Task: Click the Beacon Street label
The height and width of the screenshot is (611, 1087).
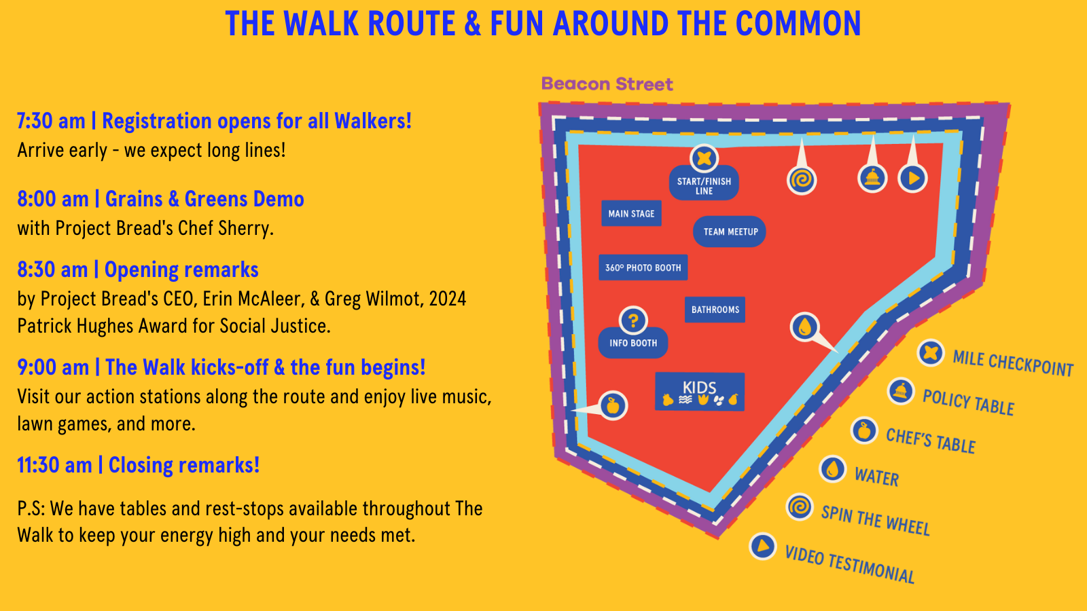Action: [x=607, y=84]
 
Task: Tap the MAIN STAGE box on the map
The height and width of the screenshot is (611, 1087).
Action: [x=631, y=213]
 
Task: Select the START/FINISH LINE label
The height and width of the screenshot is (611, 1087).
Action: [x=704, y=185]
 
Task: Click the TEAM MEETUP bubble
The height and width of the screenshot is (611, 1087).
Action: [x=730, y=232]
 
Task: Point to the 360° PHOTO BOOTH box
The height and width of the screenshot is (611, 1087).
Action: [x=643, y=267]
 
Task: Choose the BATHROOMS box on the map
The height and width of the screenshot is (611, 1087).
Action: [x=715, y=310]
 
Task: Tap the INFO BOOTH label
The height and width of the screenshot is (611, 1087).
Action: [x=633, y=343]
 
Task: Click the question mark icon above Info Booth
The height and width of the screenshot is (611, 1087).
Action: [x=633, y=320]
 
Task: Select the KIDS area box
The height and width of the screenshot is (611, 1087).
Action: [x=700, y=392]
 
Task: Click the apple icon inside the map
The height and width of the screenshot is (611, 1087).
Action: [x=613, y=406]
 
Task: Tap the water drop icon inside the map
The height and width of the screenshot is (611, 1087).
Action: [x=805, y=327]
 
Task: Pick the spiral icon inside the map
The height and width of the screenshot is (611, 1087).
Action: [x=802, y=180]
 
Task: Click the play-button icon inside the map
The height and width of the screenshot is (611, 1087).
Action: [x=913, y=178]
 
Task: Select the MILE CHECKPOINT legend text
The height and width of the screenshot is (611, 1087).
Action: [x=1012, y=363]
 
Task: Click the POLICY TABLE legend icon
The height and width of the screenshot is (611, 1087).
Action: [x=901, y=392]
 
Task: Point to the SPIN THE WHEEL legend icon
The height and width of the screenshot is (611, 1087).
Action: [x=800, y=507]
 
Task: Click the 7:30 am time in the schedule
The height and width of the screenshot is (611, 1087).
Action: [x=51, y=121]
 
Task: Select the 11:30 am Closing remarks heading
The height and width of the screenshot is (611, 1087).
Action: [x=139, y=465]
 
